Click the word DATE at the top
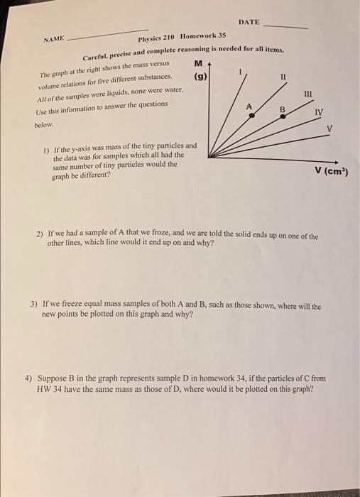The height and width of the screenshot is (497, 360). pyautogui.click(x=249, y=23)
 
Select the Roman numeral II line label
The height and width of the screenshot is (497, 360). pyautogui.click(x=283, y=76)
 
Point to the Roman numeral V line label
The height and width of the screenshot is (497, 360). pyautogui.click(x=329, y=129)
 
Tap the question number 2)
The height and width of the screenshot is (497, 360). pyautogui.click(x=40, y=235)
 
